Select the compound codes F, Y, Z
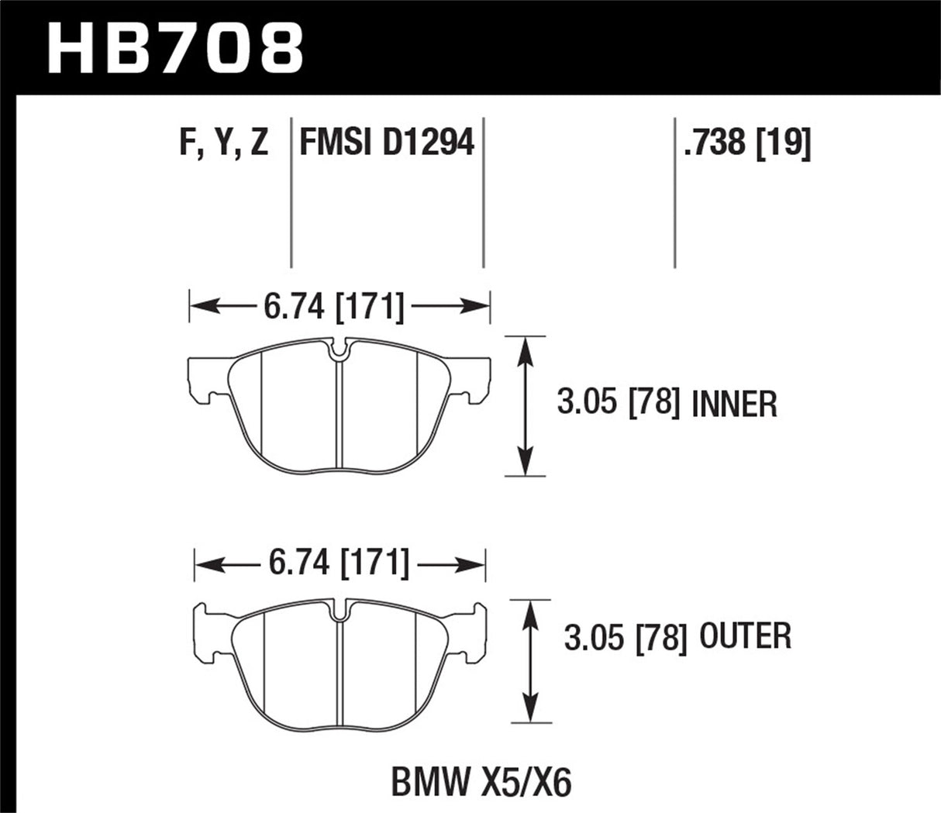[x=223, y=144]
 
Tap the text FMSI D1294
[x=386, y=144]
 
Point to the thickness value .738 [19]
[x=746, y=144]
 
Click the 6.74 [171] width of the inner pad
[x=334, y=308]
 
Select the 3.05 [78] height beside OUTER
[x=625, y=638]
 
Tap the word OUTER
[x=744, y=637]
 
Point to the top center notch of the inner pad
[x=339, y=350]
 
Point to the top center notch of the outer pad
[x=340, y=610]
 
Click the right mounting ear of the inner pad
[x=474, y=380]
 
